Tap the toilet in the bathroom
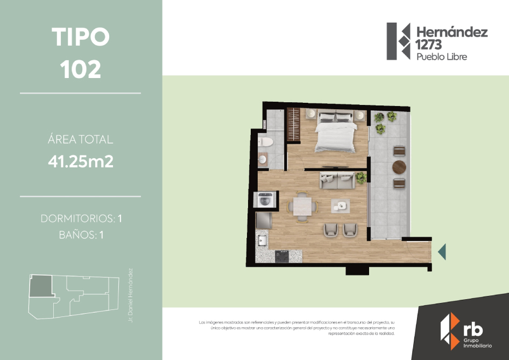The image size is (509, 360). tap(266, 143)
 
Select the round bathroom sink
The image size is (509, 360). tap(264, 159)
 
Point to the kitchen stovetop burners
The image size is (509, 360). tap(282, 256)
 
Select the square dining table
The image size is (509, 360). tap(302, 206)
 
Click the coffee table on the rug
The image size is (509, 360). tap(340, 204)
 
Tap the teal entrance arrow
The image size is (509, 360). tap(442, 251)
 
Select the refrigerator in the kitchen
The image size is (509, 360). tap(264, 221)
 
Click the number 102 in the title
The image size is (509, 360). tap(81, 69)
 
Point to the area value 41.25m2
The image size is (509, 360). tap(81, 161)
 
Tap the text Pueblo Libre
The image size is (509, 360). tap(442, 57)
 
